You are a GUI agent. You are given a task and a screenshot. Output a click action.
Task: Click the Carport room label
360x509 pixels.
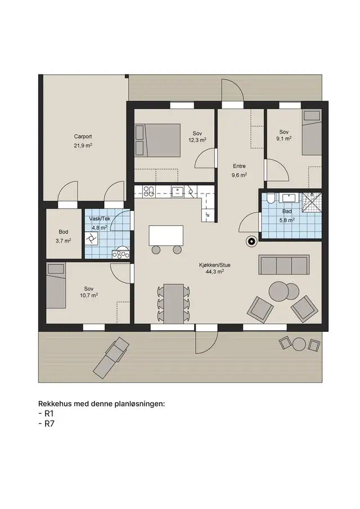[83, 137]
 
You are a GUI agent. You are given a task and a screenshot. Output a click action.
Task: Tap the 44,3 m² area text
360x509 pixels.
[214, 272]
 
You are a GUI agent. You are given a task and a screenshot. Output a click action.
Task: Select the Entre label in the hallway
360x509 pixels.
[239, 166]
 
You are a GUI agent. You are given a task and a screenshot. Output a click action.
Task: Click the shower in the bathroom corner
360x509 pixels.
[312, 202]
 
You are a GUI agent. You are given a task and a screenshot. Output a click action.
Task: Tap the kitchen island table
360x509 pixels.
[166, 235]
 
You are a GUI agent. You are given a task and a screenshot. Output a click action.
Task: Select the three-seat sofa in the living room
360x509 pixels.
[283, 265]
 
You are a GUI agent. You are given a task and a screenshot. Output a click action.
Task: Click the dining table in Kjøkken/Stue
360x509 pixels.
[174, 304]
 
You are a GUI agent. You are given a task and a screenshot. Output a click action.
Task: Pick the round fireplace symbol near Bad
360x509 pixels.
[251, 241]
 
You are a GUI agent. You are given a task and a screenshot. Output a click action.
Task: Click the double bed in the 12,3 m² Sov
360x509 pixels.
[157, 140]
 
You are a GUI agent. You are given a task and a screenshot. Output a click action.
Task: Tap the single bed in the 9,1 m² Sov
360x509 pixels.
[312, 132]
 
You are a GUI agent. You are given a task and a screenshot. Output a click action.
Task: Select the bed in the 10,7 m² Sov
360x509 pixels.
[56, 285]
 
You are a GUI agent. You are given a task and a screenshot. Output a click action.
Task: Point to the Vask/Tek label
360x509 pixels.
[100, 218]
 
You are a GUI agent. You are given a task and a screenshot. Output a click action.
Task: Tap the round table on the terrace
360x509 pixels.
[299, 344]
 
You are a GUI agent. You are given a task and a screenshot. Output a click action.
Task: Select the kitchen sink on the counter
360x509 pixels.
[178, 192]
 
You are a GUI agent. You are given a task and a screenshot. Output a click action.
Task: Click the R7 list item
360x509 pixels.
[49, 424]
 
